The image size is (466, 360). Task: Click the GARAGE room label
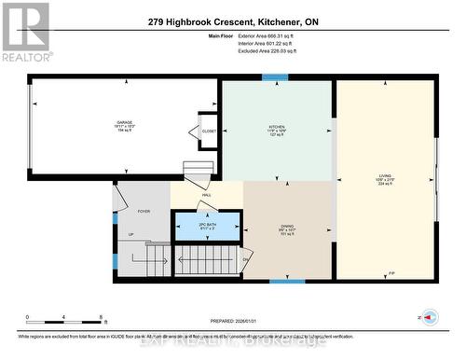[124, 122]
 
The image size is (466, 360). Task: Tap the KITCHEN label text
[276, 130]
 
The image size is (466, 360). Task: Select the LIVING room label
[385, 174]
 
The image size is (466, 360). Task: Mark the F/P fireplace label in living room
[391, 273]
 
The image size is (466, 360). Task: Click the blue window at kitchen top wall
[275, 77]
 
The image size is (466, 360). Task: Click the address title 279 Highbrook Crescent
[231, 21]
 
